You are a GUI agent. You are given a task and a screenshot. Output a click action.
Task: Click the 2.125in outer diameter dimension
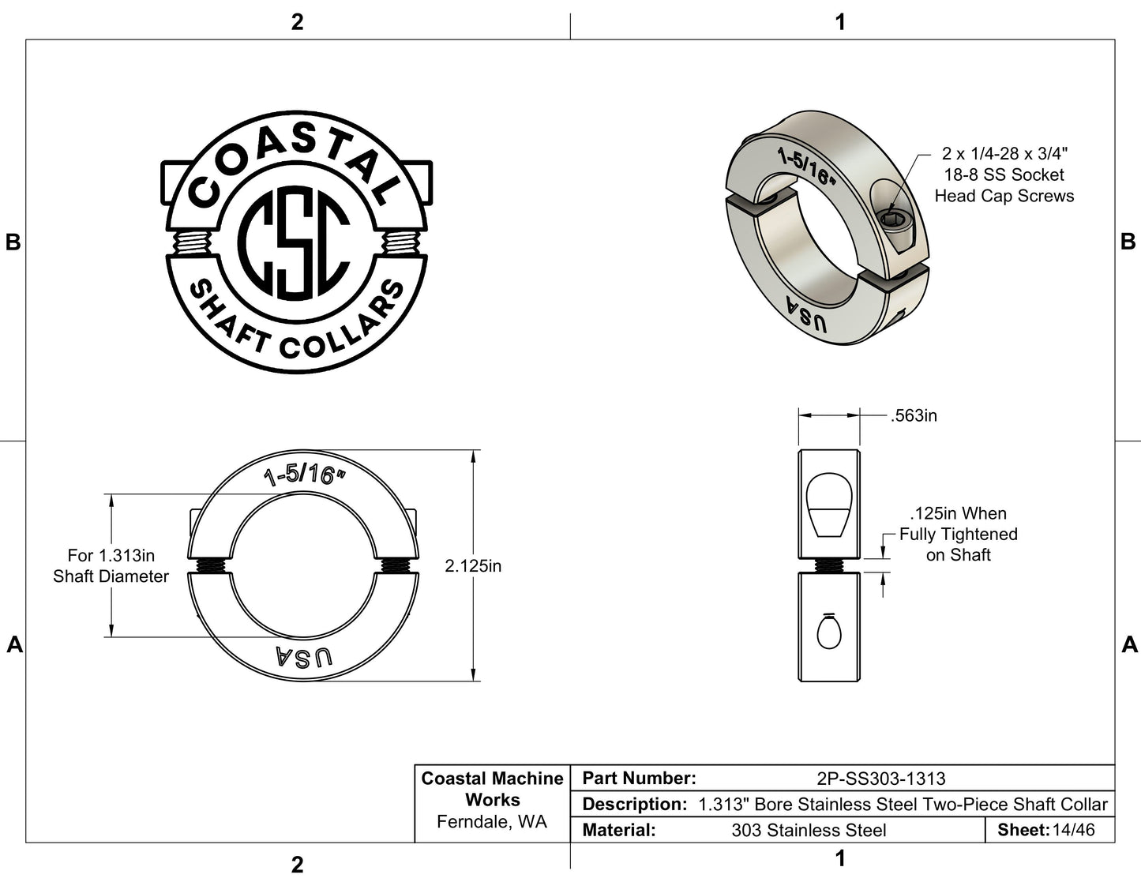point(473,566)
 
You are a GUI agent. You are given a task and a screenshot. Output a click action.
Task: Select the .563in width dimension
point(914,415)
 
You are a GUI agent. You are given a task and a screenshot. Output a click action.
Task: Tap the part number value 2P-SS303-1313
point(880,779)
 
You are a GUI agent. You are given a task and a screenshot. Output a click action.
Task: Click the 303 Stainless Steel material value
point(809,830)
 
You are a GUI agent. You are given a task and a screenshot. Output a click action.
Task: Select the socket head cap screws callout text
point(1004,175)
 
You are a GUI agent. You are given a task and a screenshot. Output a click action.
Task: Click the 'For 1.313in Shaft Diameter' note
point(111,566)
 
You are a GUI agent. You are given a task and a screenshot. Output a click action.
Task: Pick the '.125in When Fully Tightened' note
point(958,534)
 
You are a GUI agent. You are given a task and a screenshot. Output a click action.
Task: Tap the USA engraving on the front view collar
point(304,657)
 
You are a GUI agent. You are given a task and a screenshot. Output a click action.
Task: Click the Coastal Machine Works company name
point(493,789)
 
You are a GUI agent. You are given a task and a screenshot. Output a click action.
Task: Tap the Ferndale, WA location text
point(492,822)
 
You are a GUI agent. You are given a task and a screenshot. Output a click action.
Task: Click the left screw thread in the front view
point(209,565)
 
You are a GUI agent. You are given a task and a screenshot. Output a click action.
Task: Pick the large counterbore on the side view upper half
point(828,505)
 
